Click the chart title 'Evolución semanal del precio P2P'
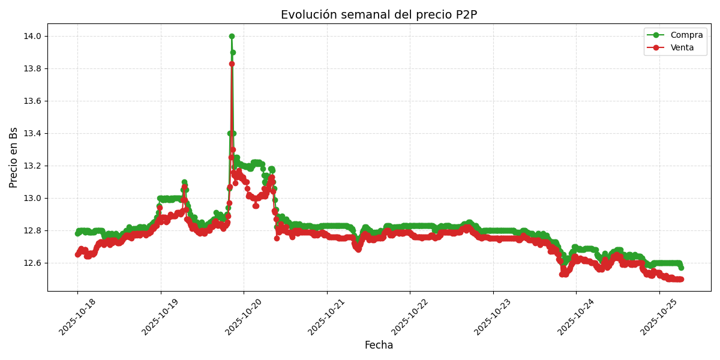point(379,15)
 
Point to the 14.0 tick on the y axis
point(32,36)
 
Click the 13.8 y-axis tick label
point(32,68)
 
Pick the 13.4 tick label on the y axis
point(32,133)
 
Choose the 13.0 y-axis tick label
point(32,198)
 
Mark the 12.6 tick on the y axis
point(32,263)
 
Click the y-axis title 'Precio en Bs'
point(14,157)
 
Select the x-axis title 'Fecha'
point(379,346)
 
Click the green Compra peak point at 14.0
point(232,36)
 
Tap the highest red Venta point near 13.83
point(232,64)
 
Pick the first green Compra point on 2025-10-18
point(77,233)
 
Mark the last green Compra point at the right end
point(680,268)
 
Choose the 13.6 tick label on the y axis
point(32,101)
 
